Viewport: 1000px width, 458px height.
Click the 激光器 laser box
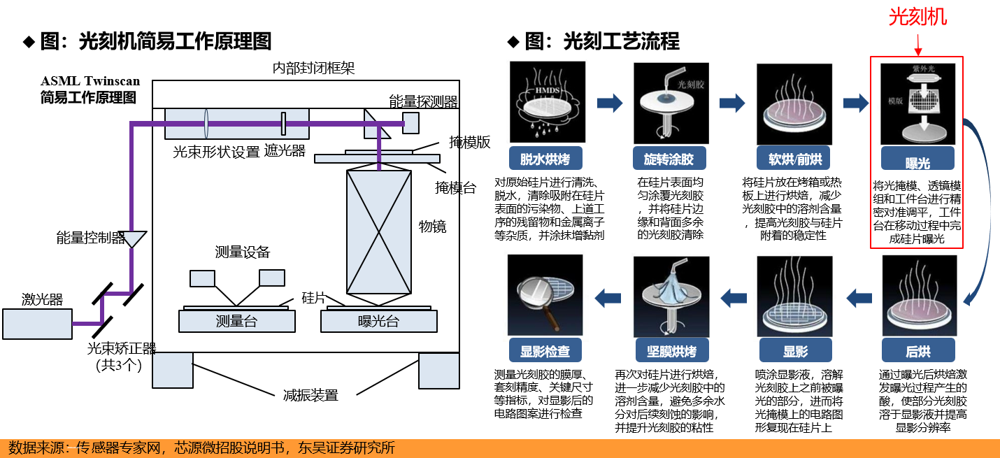(37, 324)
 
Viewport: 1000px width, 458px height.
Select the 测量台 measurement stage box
(236, 321)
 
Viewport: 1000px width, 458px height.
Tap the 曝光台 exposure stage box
(378, 321)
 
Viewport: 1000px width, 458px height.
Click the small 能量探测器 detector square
(410, 123)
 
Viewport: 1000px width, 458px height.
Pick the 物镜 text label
(432, 226)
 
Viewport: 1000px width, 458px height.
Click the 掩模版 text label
(469, 142)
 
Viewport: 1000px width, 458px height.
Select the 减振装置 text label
(310, 395)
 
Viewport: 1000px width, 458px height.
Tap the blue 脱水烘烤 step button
(545, 159)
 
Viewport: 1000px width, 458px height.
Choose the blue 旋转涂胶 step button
(669, 159)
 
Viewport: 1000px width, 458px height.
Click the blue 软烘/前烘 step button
(793, 159)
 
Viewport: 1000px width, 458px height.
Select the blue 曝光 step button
(917, 162)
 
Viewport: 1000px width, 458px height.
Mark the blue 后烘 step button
(917, 350)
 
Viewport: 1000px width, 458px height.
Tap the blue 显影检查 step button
(545, 350)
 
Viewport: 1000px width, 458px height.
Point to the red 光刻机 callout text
(917, 17)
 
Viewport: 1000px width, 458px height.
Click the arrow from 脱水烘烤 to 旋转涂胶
(609, 103)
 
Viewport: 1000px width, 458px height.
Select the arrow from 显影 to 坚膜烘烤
(734, 298)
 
